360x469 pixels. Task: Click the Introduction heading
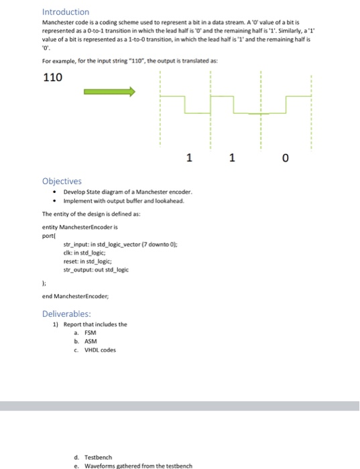[66, 12]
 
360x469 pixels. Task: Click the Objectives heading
[62, 181]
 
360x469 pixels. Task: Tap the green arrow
[109, 92]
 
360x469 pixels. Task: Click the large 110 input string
[53, 78]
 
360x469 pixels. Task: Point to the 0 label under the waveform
[286, 159]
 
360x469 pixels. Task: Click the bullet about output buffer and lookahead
[122, 200]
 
